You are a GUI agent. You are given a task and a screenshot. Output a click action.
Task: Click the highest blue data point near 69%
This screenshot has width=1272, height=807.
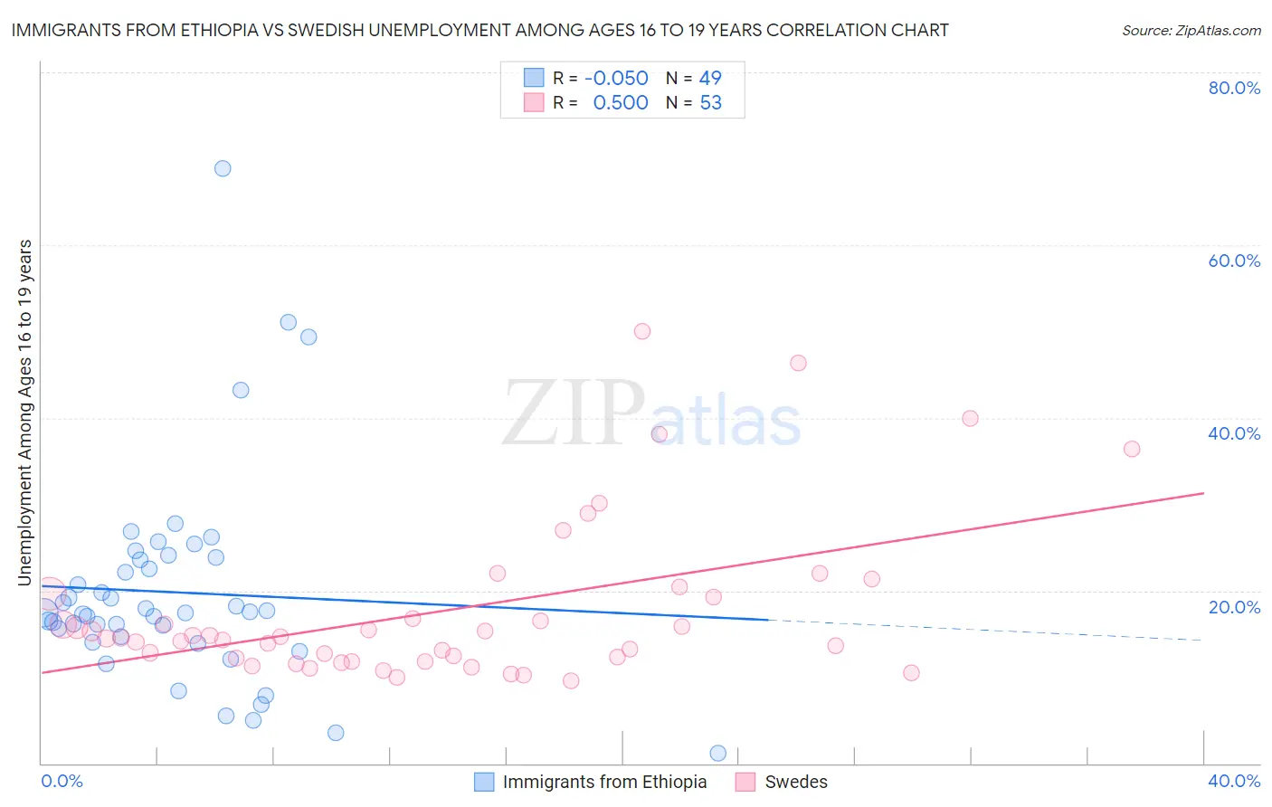pos(223,168)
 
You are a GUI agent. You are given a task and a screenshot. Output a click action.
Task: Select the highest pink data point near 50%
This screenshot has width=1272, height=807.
pos(642,331)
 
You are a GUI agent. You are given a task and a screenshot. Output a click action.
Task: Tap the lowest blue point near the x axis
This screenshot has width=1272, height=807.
pos(718,753)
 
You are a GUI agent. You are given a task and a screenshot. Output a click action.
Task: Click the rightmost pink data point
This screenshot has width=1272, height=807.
pos(1132,449)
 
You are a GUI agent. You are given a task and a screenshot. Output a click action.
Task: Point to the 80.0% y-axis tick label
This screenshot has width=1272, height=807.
pos(1234,88)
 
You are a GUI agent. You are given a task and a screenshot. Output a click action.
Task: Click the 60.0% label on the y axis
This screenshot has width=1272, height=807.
pos(1234,261)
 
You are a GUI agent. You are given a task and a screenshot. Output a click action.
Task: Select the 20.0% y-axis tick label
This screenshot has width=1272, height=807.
pos(1234,607)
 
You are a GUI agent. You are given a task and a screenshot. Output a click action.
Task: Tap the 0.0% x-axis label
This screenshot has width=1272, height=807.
pos(62,781)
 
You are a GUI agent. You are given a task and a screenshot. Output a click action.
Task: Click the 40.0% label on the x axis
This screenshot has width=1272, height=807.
pos(1234,781)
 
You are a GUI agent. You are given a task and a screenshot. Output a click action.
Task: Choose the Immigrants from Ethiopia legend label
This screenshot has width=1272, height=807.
pos(604,782)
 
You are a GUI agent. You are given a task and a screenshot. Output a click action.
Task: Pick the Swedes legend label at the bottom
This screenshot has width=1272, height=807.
pos(796,782)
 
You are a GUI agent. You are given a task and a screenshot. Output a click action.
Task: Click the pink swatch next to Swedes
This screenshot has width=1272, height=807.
pos(745,782)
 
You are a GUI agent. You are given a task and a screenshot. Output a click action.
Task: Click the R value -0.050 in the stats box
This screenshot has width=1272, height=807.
pos(617,79)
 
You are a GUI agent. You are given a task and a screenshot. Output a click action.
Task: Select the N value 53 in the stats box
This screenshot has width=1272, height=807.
pos(711,103)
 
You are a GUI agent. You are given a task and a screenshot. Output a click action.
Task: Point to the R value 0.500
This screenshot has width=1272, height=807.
pos(621,103)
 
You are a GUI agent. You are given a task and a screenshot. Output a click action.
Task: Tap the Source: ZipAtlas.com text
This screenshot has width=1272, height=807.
pos(1191,30)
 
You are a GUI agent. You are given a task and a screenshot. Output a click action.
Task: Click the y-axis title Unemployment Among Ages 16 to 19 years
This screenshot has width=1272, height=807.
pos(25,412)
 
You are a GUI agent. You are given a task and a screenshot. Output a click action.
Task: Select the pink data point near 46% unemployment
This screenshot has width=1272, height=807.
pos(798,363)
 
